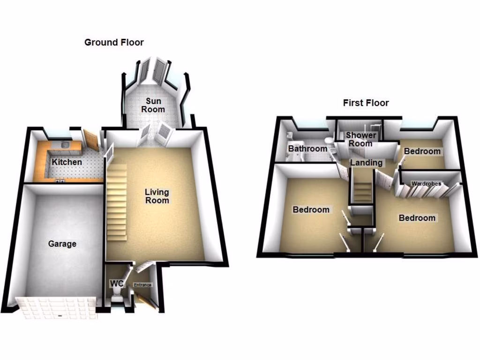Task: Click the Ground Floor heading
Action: click(x=114, y=43)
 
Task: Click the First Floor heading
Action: click(x=366, y=103)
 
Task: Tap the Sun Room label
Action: click(x=154, y=105)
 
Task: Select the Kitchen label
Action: click(x=67, y=162)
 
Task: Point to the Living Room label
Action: click(x=157, y=196)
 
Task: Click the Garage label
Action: click(x=62, y=244)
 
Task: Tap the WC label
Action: click(x=116, y=284)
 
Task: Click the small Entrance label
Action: click(x=143, y=285)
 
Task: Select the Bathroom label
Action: click(x=307, y=149)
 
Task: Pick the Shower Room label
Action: click(x=360, y=139)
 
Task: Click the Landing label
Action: click(x=366, y=163)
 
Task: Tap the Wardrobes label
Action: click(x=426, y=184)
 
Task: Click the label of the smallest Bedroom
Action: click(x=422, y=151)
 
